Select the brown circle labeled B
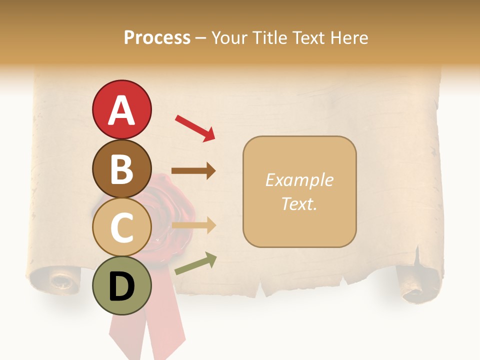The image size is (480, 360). point(121,168)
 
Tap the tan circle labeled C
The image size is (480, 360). point(121,227)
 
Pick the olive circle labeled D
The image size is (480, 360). point(121,285)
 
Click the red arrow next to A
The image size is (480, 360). point(195,128)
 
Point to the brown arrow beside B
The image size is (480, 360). point(193,170)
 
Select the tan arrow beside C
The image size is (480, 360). point(193,225)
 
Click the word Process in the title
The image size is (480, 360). point(157,38)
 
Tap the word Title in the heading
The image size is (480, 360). point(268,38)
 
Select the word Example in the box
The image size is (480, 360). point(299,180)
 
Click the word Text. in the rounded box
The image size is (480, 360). point(299,203)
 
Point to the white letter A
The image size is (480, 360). point(121,110)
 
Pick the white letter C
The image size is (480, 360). point(121,228)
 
